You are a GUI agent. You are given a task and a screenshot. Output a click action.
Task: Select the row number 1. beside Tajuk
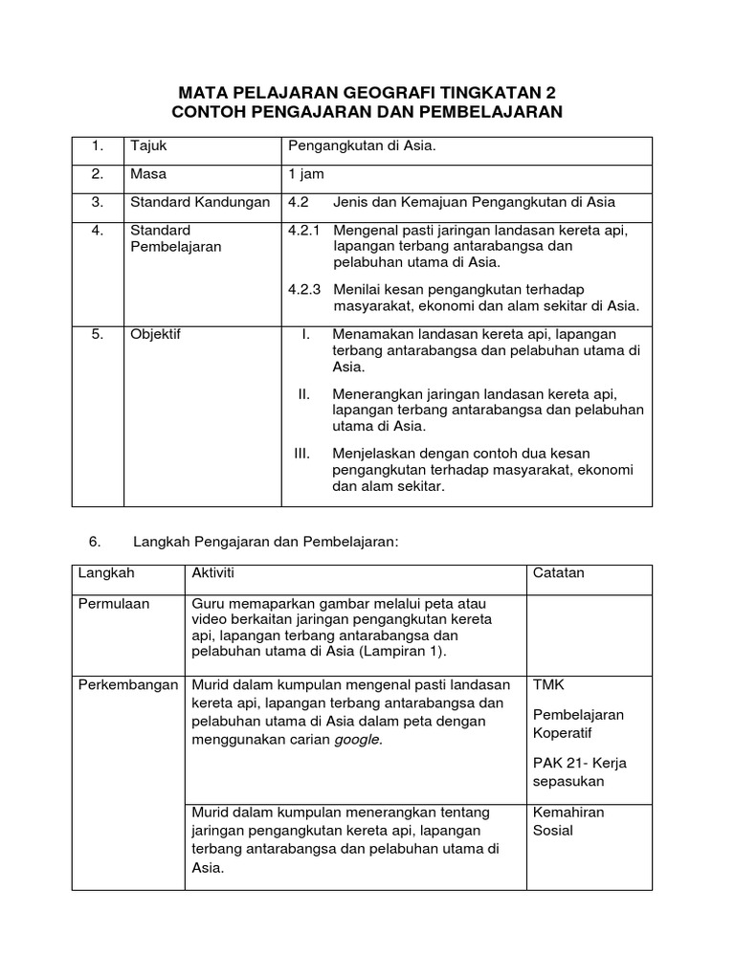tap(98, 146)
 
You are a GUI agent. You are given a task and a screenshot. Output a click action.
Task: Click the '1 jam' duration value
tap(306, 174)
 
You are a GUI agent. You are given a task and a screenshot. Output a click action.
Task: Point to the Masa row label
tap(147, 174)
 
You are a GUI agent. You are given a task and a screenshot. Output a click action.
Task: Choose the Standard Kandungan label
tap(200, 202)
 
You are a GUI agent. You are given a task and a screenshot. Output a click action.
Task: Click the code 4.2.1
tap(305, 231)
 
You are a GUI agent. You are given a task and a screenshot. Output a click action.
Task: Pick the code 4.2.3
tap(305, 289)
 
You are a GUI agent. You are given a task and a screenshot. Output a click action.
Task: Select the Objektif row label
tap(156, 335)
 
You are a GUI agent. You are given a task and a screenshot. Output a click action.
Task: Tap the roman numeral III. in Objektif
tap(303, 453)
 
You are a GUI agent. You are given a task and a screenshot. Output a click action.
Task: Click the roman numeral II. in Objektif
tap(304, 393)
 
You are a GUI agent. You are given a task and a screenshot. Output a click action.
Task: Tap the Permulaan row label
tap(115, 604)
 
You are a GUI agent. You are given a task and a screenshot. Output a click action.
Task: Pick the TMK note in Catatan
tap(547, 685)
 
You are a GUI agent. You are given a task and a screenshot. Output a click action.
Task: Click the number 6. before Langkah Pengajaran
tap(95, 542)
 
